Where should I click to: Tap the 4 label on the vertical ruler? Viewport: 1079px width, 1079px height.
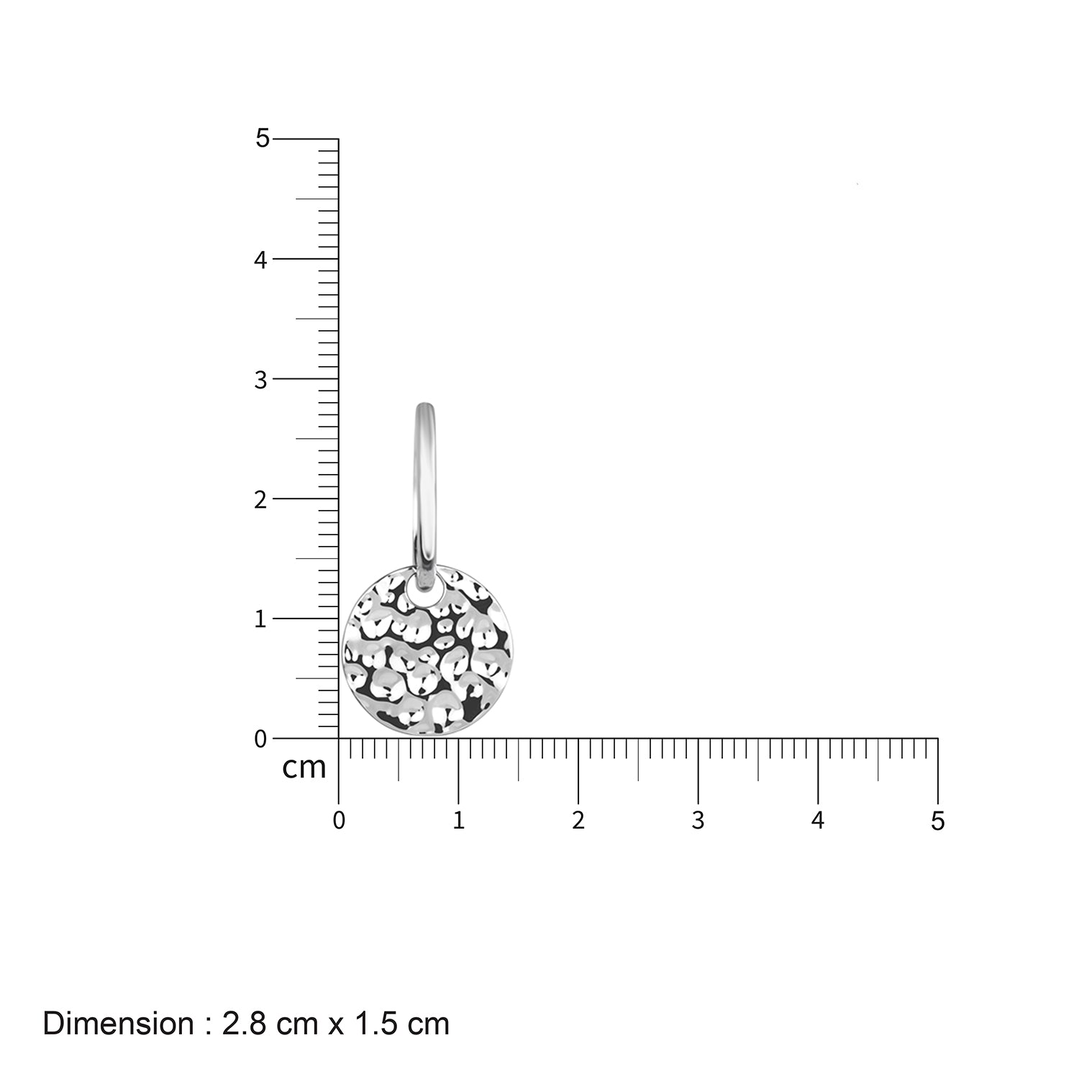260,260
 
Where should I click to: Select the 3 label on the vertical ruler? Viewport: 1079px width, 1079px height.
260,380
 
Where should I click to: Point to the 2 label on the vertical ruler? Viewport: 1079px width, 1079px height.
260,500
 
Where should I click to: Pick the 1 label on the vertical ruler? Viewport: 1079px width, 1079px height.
260,619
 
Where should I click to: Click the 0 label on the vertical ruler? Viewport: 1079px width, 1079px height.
260,739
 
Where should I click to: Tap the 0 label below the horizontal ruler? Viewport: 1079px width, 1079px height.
339,821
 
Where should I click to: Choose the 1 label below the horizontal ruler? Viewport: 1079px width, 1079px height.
458,821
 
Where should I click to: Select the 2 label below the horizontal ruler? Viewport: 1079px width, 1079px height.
578,821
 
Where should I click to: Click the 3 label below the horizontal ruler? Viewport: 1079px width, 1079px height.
698,821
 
